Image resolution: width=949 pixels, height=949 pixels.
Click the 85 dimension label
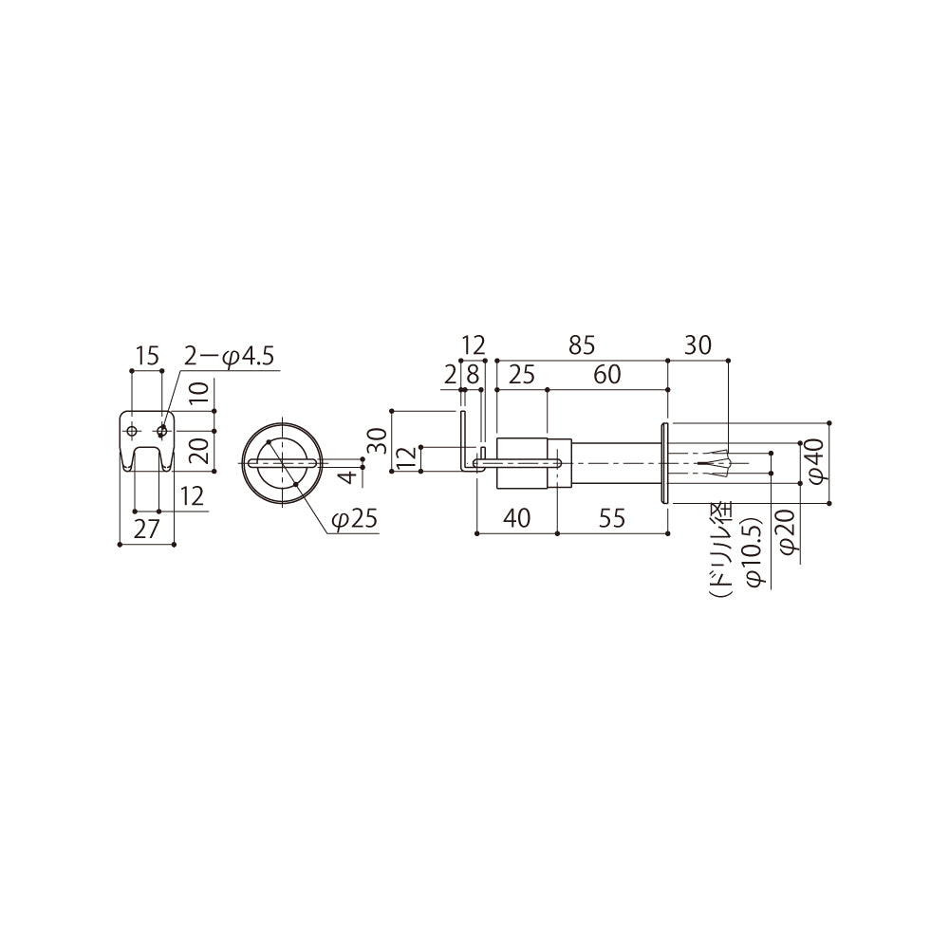tap(582, 345)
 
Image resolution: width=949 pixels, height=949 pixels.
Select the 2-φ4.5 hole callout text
tap(229, 357)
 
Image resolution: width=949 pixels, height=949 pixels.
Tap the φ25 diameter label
tap(355, 519)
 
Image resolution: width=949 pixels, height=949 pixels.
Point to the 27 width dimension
tap(146, 530)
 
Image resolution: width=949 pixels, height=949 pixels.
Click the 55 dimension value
tap(611, 519)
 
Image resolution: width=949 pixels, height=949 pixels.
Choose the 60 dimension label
tap(607, 375)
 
